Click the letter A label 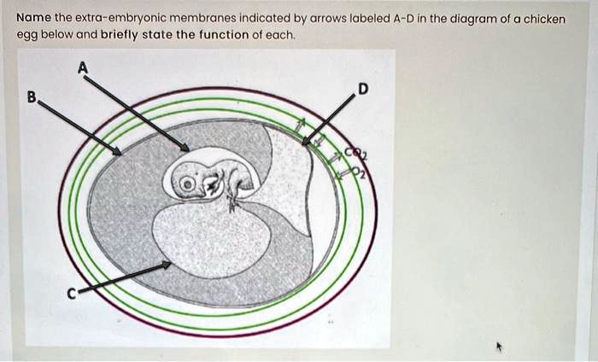click(83, 67)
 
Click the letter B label click(32, 96)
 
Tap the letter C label click(72, 294)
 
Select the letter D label click(363, 89)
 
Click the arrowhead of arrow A click(185, 148)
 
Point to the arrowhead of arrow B click(117, 152)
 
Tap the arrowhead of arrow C click(167, 265)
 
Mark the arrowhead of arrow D click(306, 142)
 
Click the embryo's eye click(187, 184)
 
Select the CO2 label click(356, 154)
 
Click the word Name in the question click(33, 18)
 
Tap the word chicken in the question click(544, 19)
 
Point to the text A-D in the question click(403, 18)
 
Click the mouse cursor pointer click(499, 347)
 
